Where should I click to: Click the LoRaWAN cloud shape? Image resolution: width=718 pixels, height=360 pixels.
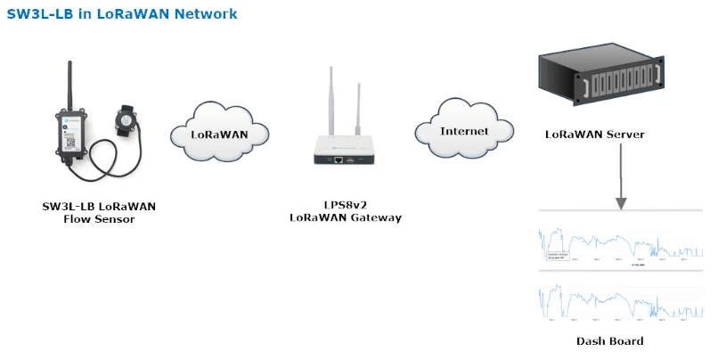tap(219, 135)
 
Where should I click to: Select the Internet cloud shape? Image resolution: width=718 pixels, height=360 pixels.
tap(465, 131)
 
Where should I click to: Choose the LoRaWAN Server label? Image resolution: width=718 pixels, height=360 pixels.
tap(594, 135)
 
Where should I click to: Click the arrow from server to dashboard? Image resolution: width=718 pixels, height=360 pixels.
tap(620, 178)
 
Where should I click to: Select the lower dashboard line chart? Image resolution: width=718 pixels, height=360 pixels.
tap(621, 302)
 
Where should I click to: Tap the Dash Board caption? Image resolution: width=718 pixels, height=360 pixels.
tap(609, 341)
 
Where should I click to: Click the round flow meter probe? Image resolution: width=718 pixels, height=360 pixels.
tap(126, 119)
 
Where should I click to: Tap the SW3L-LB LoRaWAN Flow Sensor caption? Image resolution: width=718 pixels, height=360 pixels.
tap(99, 212)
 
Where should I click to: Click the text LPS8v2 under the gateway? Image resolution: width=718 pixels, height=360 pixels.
tap(347, 204)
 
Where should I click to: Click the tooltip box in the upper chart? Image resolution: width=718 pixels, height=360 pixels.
tap(559, 257)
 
